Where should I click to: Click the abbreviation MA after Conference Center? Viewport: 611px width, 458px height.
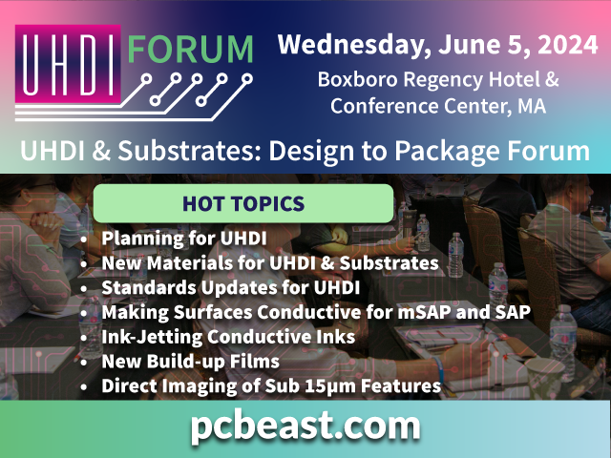point(533,106)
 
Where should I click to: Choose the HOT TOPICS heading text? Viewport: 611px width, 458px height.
point(242,203)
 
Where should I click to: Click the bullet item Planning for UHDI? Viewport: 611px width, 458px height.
point(184,238)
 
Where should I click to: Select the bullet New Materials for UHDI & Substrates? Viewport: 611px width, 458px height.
point(269,262)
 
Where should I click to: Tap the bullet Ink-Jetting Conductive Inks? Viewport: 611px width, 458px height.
point(228,337)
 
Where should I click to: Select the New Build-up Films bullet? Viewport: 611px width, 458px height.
point(190,362)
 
